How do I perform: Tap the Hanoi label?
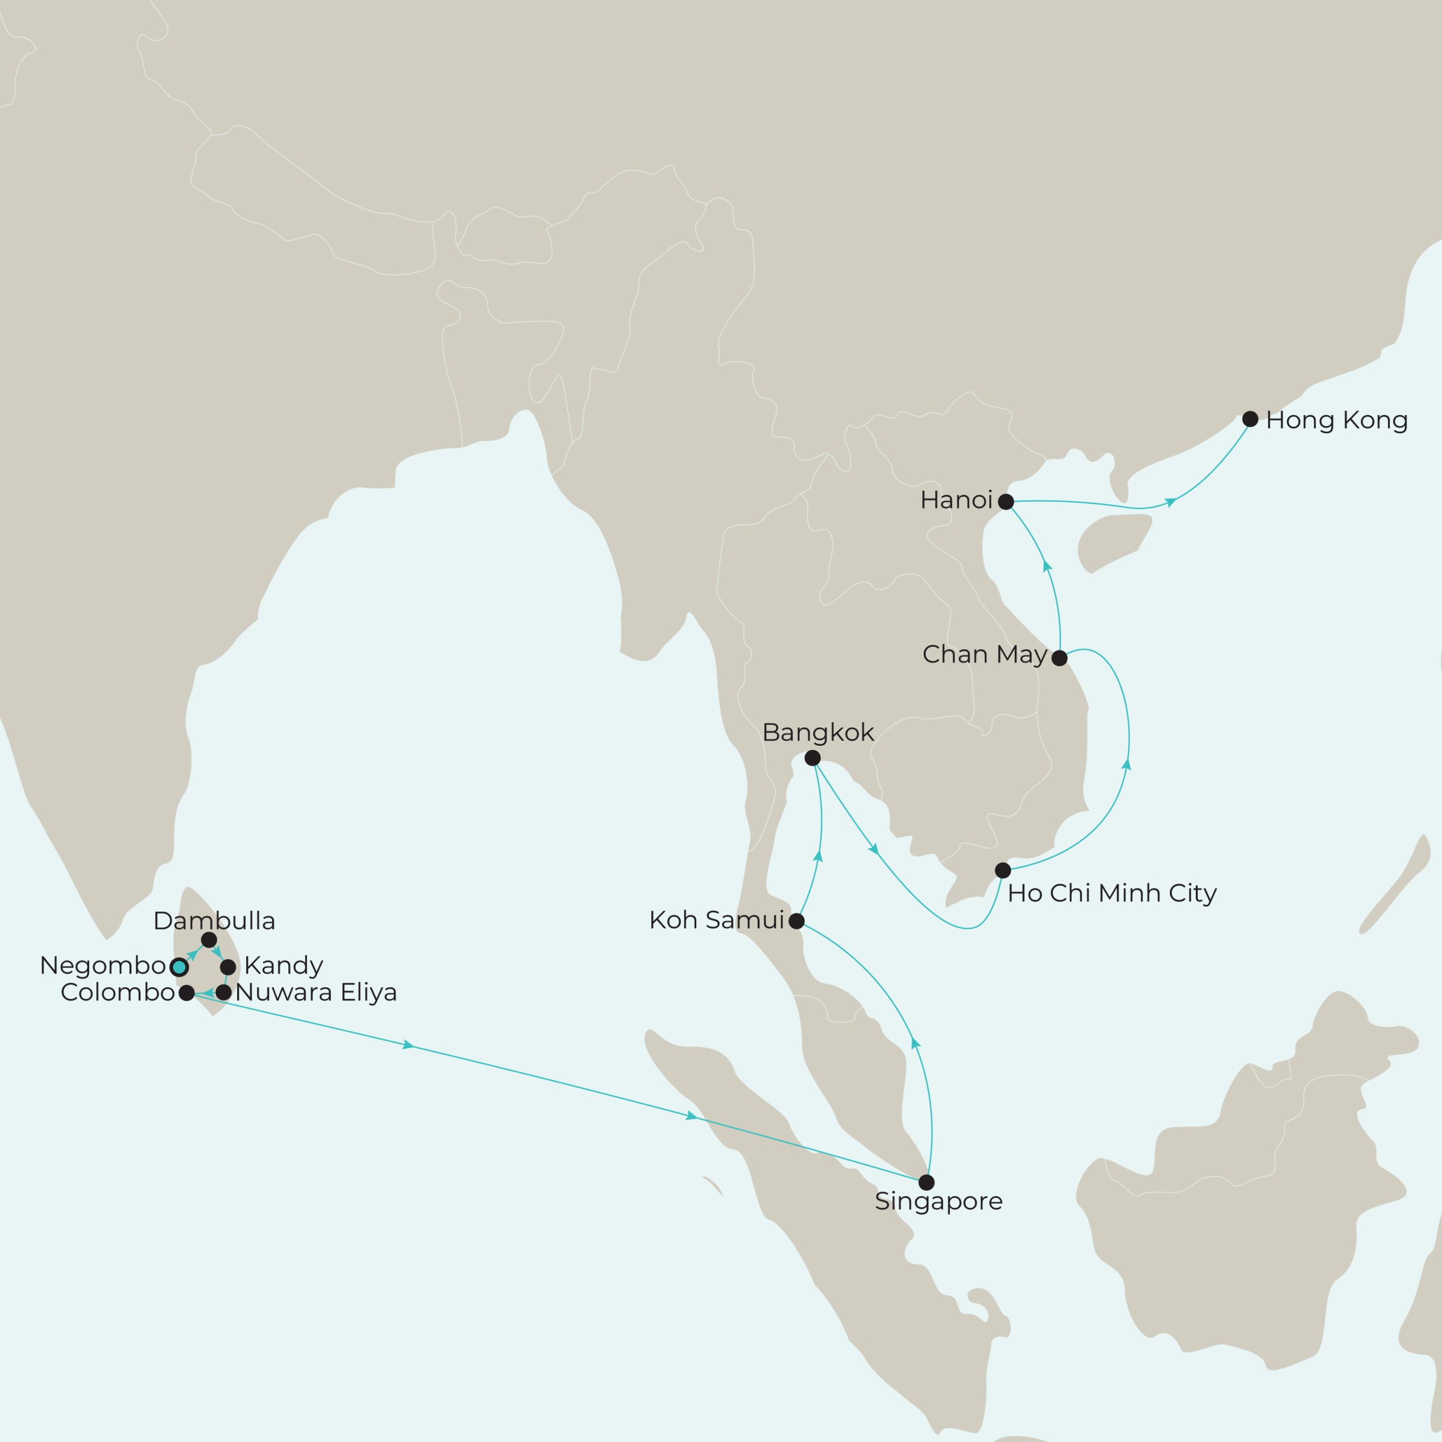pos(956,500)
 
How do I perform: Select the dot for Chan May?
pos(1059,658)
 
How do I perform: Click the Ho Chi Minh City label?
pos(1112,893)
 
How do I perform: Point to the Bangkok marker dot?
pos(813,758)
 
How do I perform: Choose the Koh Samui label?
pos(716,920)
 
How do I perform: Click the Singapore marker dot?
pos(926,1182)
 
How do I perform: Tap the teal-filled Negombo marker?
pos(179,967)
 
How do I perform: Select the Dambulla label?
pos(214,921)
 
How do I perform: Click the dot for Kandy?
pos(228,967)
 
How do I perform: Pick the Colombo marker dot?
pos(186,993)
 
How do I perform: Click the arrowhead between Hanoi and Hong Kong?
pos(1171,501)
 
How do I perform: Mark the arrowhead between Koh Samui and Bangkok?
pos(818,857)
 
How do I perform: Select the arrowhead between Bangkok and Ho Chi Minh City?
pos(873,849)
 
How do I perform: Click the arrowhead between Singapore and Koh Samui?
pos(916,1043)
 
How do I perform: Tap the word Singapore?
pos(938,1201)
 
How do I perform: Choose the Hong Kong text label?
pos(1337,420)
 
